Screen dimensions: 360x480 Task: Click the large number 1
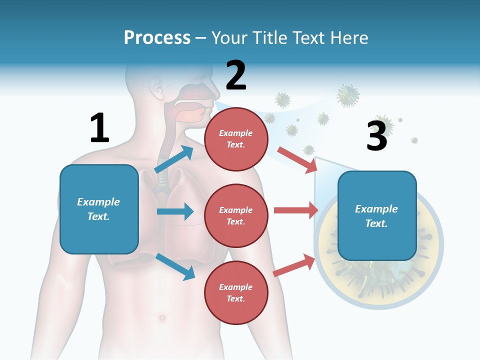tap(99, 127)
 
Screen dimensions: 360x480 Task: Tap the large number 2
tap(235, 75)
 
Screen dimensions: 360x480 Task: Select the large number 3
tap(376, 136)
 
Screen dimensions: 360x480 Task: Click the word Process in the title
tap(157, 37)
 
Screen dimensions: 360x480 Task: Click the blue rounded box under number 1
tap(99, 209)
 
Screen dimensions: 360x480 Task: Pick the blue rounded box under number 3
tap(377, 215)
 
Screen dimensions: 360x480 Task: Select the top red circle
tap(236, 138)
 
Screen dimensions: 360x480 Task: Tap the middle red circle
tap(236, 215)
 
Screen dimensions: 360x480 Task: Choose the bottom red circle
tap(236, 292)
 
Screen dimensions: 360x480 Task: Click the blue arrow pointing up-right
tap(174, 159)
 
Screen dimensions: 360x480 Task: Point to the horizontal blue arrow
tap(175, 211)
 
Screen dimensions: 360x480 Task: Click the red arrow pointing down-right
tap(297, 159)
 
